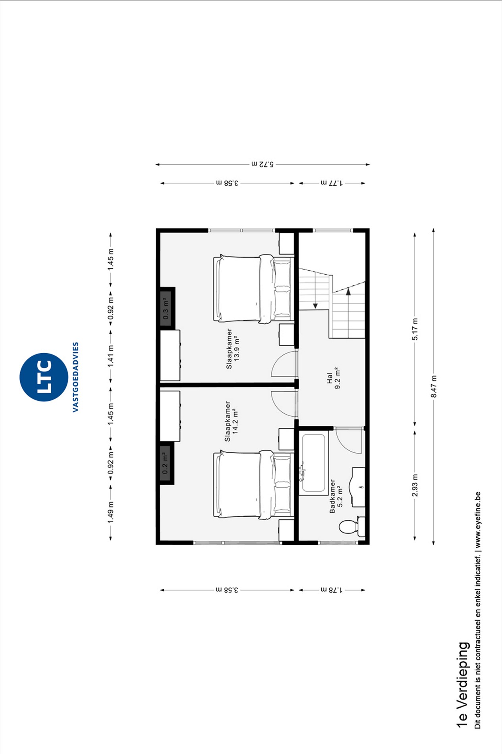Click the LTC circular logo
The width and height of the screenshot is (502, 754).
tap(44, 377)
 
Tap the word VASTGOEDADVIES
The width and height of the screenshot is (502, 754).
tap(75, 377)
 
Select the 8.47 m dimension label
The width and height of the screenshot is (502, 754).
tap(434, 386)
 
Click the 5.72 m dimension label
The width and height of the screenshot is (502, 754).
tap(262, 164)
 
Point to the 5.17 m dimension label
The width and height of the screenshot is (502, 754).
tap(415, 329)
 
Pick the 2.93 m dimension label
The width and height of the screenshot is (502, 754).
tap(415, 485)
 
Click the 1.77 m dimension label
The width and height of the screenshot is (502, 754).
tap(332, 183)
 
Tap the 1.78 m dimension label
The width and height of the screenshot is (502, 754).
tap(332, 590)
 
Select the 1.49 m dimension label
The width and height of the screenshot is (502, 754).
tap(111, 512)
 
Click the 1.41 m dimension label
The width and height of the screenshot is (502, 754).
tap(111, 356)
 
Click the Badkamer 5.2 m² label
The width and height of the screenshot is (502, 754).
tap(336, 496)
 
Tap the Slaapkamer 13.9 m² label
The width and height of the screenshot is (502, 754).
tap(233, 348)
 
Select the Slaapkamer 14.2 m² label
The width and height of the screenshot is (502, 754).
tap(232, 421)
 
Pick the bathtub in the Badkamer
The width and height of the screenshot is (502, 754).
tap(314, 463)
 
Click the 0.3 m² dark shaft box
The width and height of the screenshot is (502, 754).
tap(167, 307)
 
